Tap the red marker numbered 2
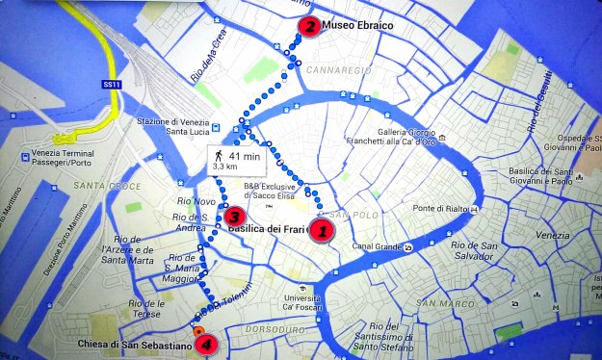point(308,27)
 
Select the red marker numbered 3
point(232,216)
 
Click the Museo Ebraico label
point(354,26)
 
